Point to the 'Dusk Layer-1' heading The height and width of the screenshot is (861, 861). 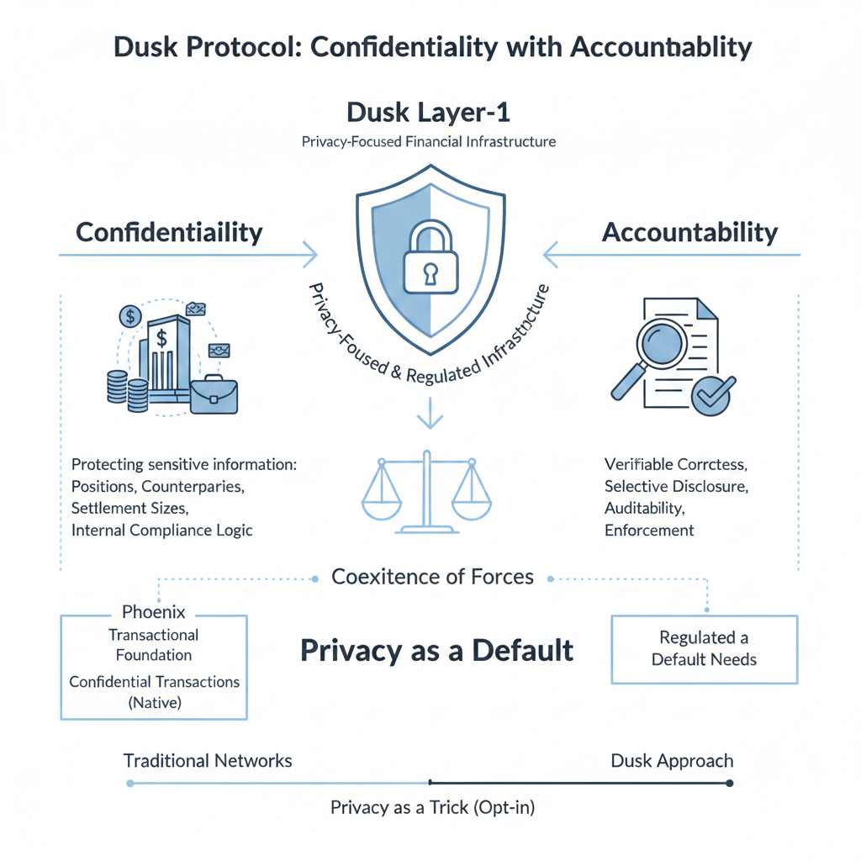[x=430, y=112]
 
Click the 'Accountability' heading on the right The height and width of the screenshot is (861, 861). [x=689, y=232]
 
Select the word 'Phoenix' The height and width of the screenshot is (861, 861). [x=154, y=611]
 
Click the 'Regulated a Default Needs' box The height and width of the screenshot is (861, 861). [x=704, y=648]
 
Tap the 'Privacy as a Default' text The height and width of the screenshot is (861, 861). [x=437, y=650]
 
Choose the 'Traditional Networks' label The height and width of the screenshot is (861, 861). [x=208, y=761]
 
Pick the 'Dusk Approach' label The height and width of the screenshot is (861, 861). [x=672, y=761]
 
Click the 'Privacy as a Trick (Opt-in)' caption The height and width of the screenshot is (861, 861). [x=432, y=808]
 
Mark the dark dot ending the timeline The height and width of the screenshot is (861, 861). [x=729, y=783]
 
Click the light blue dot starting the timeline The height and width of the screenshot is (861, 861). [x=129, y=783]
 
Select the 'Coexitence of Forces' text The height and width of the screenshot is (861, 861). [x=432, y=577]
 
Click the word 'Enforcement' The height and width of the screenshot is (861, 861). [x=649, y=531]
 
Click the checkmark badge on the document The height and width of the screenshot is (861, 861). [x=714, y=394]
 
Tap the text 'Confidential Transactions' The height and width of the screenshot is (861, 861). [x=154, y=682]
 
